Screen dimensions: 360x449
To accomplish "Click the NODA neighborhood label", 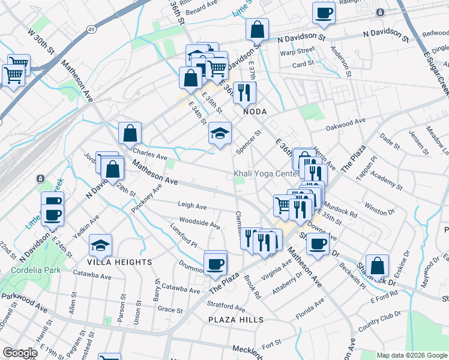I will (x=254, y=112).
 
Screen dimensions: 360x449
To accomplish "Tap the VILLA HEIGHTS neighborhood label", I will (x=120, y=262).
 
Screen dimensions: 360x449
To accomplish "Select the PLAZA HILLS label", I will (x=235, y=320).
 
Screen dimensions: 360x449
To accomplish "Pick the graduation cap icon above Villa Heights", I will (x=100, y=244).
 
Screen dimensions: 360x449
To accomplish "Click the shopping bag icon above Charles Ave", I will (x=130, y=134).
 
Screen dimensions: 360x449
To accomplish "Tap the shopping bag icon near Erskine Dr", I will (x=376, y=265).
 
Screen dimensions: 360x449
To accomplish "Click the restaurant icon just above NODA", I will (x=244, y=92).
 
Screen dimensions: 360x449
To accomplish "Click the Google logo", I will (x=20, y=353).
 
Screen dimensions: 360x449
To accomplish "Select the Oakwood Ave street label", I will (x=345, y=124).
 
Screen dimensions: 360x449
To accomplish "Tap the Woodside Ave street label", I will (x=199, y=223).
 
